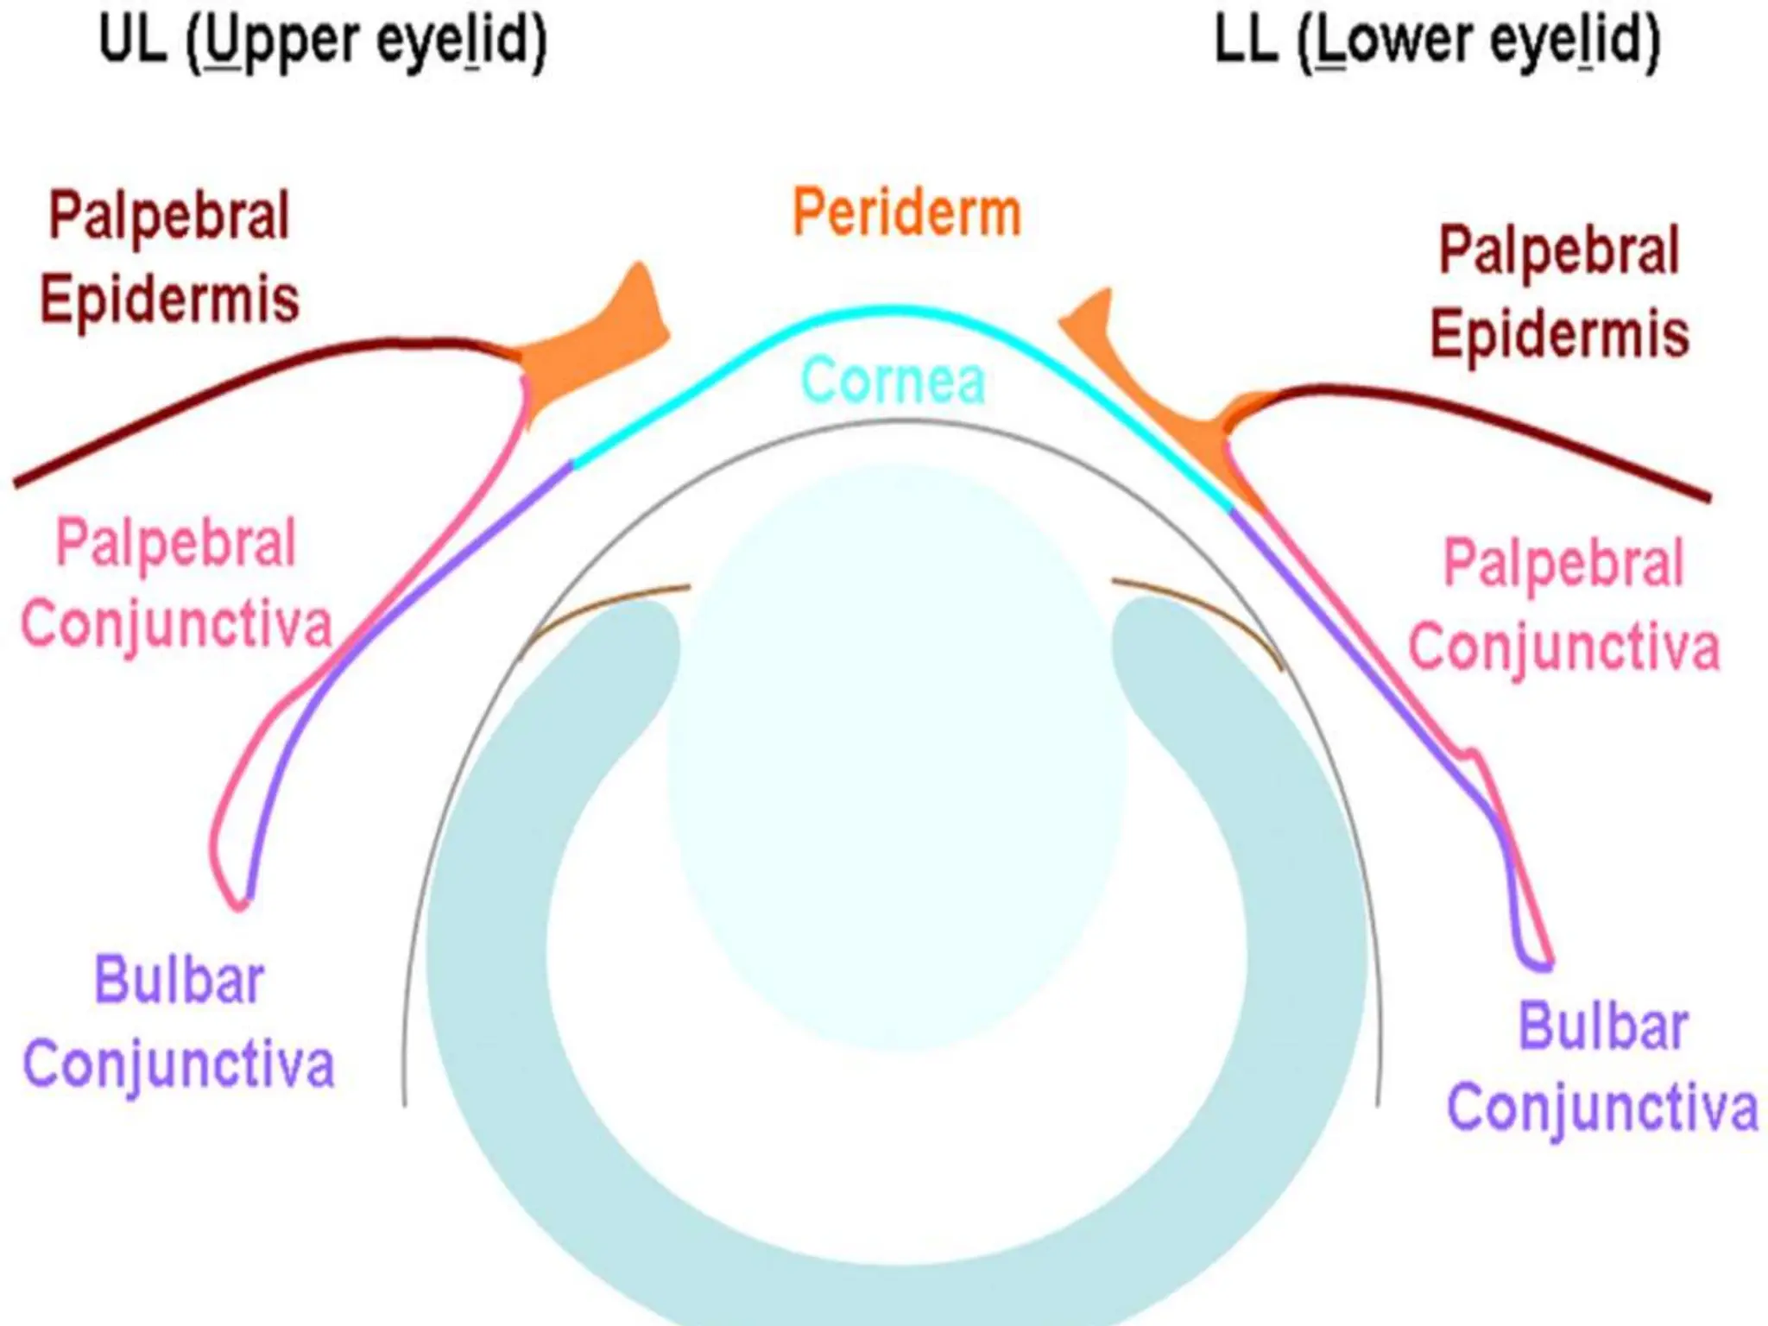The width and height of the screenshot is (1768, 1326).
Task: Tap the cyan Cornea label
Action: point(893,380)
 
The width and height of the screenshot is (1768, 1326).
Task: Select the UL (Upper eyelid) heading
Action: point(323,41)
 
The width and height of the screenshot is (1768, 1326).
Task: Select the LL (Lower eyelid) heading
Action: point(1437,41)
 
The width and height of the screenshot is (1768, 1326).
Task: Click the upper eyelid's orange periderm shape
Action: point(596,345)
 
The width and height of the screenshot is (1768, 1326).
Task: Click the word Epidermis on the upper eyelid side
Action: point(169,299)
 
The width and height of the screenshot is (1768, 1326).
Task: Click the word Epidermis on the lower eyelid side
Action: point(1559,334)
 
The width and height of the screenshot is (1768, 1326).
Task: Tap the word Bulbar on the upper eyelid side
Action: point(179,981)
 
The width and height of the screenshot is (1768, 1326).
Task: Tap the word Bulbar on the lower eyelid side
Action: point(1602,1026)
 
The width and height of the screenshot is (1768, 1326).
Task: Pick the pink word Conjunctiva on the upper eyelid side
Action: point(176,623)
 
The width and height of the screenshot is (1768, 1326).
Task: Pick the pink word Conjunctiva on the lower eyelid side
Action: point(1563,646)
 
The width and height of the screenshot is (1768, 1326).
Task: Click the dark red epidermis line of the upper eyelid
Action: point(216,388)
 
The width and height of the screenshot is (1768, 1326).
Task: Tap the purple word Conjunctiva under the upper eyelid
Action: point(179,1064)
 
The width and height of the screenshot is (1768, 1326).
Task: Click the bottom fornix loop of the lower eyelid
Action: point(1537,963)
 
